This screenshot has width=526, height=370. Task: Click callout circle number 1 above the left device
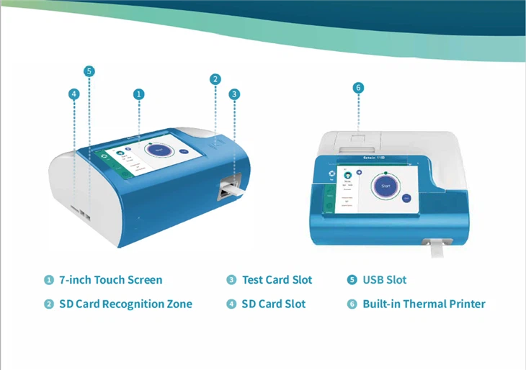pyautogui.click(x=139, y=94)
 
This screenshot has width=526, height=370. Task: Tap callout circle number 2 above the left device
pyautogui.click(x=215, y=79)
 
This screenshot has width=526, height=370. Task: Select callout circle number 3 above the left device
pyautogui.click(x=234, y=94)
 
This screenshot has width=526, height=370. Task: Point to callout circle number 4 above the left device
pyautogui.click(x=73, y=94)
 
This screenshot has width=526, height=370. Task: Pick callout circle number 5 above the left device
pyautogui.click(x=89, y=71)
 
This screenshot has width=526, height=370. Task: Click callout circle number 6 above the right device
pyautogui.click(x=359, y=88)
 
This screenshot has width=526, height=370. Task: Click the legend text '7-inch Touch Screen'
pyautogui.click(x=111, y=280)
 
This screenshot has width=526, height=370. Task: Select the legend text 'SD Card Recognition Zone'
pyautogui.click(x=125, y=304)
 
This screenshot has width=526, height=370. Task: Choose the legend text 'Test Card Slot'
pyautogui.click(x=277, y=280)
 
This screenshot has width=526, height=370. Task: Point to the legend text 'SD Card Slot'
pyautogui.click(x=273, y=304)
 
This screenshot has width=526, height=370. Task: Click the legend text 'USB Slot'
pyautogui.click(x=385, y=280)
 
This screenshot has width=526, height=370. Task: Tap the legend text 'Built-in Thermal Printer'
pyautogui.click(x=424, y=304)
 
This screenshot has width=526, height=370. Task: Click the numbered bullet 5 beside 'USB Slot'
pyautogui.click(x=352, y=280)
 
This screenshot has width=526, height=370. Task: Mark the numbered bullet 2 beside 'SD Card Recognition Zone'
pyautogui.click(x=49, y=304)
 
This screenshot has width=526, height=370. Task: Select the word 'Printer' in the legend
pyautogui.click(x=466, y=304)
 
